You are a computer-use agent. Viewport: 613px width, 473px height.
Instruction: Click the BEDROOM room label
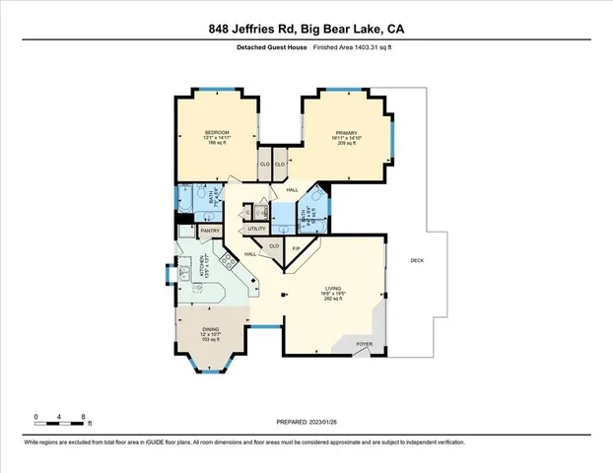point(218,132)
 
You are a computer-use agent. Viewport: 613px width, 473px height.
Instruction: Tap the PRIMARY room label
point(345,132)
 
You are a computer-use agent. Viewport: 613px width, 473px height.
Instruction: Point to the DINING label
point(211,330)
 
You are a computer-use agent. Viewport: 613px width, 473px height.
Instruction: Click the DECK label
point(417,260)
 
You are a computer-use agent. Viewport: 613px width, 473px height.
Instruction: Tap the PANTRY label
point(210,231)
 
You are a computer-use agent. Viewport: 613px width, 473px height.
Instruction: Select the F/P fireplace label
point(296,247)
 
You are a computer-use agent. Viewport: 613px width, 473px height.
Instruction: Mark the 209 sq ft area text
point(345,144)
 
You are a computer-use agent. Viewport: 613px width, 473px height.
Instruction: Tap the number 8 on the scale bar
point(83,417)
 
